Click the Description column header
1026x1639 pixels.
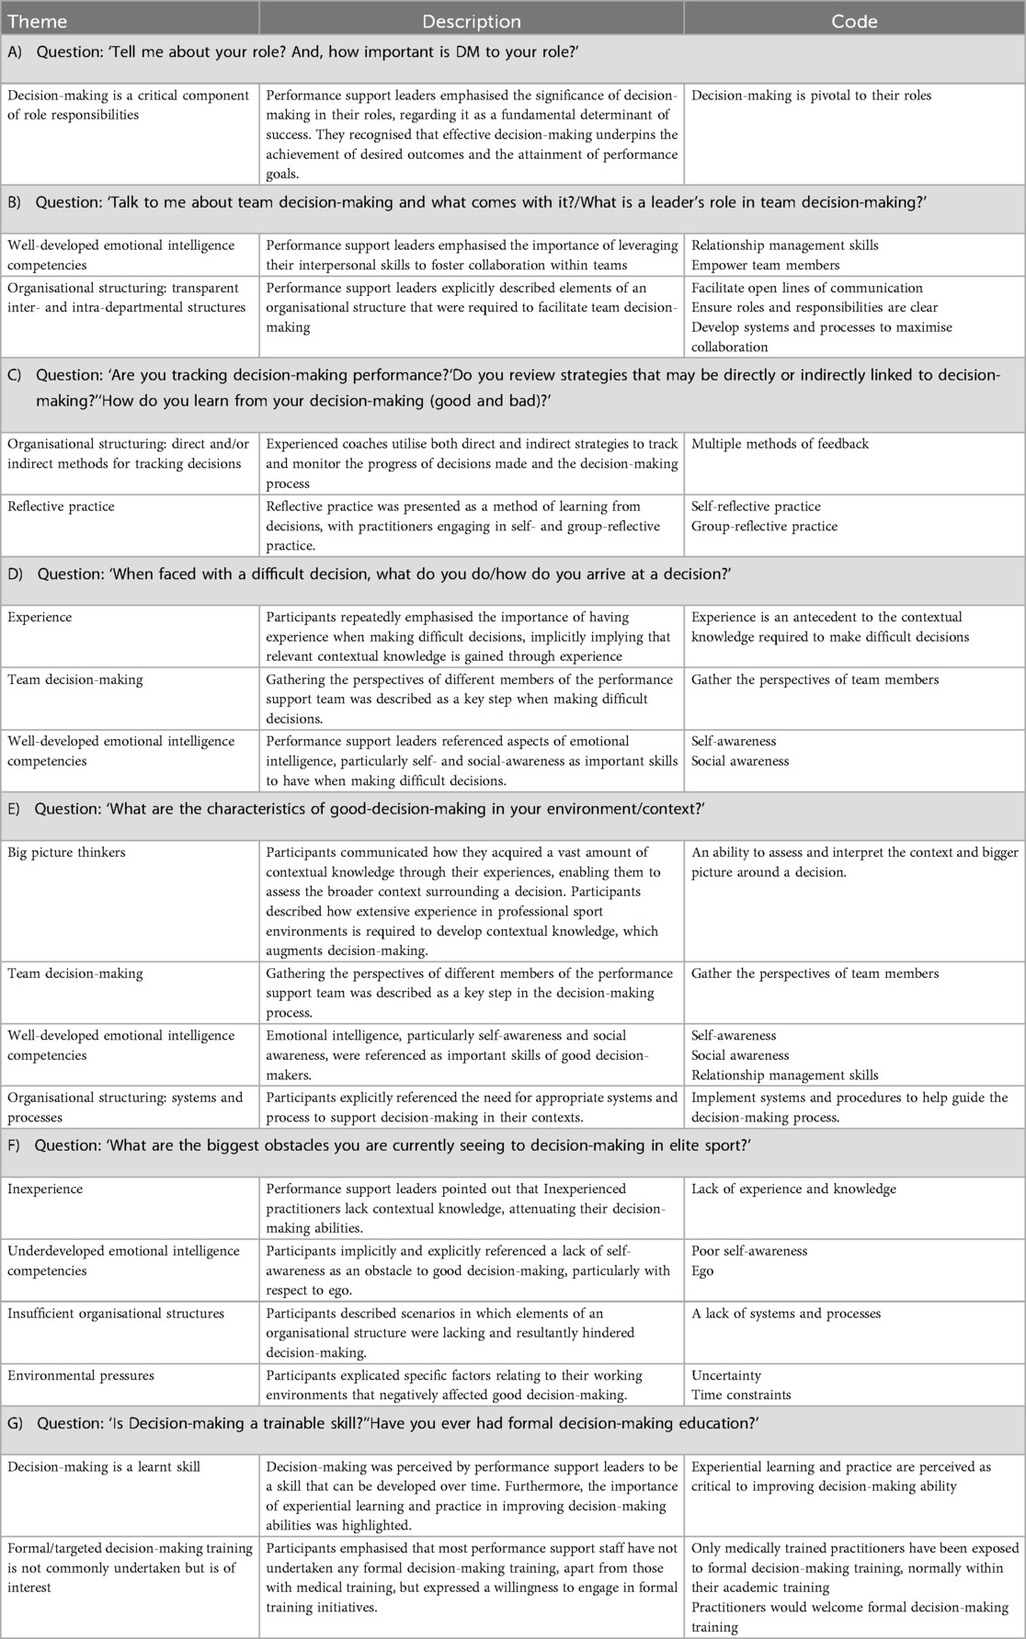tap(471, 20)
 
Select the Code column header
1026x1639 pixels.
tap(854, 20)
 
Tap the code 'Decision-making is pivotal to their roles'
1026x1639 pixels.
tap(811, 96)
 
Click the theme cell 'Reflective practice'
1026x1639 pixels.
tap(61, 506)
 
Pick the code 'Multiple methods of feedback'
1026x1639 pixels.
tap(780, 444)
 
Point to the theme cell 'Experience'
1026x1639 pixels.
tap(40, 618)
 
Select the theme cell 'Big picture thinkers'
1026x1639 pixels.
tap(67, 853)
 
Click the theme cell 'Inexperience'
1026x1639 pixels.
tap(45, 1189)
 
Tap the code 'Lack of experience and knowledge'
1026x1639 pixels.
tap(793, 1189)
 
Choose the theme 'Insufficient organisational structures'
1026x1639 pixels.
tap(116, 1314)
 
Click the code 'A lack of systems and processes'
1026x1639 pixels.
tap(785, 1314)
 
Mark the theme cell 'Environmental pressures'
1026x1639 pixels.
tap(81, 1376)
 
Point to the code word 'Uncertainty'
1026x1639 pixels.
tap(726, 1376)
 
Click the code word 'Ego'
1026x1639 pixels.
tap(702, 1271)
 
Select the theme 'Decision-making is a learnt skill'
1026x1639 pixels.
tap(104, 1467)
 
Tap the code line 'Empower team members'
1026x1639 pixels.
tap(765, 266)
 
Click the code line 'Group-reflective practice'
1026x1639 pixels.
tap(764, 527)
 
